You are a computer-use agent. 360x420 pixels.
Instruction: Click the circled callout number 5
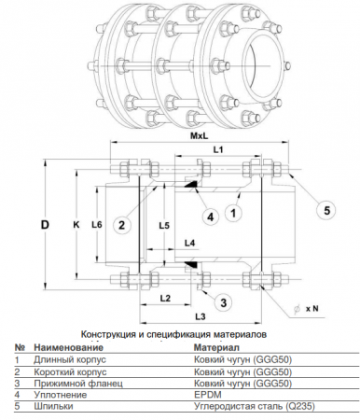tap(326, 211)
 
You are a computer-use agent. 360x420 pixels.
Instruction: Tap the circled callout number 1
tap(233, 213)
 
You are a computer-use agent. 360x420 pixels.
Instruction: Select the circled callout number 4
tap(211, 217)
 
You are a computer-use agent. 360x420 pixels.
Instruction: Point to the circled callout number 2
tap(121, 225)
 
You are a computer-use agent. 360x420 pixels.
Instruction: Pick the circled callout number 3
tap(224, 302)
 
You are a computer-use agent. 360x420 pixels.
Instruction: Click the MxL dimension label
tap(200, 136)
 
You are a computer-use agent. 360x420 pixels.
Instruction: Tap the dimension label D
tap(46, 225)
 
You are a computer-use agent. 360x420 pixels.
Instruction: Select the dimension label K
tap(76, 224)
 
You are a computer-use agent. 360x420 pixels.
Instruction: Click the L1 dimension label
tap(218, 149)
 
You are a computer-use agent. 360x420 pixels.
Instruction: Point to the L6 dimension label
tap(97, 224)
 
